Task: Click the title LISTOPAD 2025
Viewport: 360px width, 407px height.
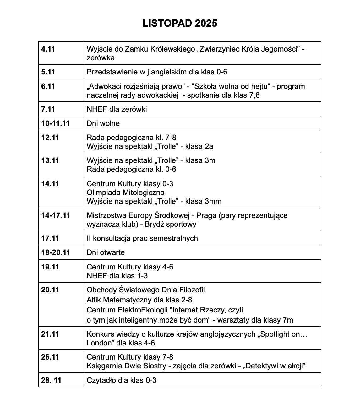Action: (x=180, y=24)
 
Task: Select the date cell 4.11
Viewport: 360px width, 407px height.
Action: (x=48, y=49)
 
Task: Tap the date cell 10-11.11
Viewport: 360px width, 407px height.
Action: (x=55, y=123)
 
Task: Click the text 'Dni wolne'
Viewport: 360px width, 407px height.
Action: (x=103, y=123)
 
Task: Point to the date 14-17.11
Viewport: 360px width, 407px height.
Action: (x=56, y=215)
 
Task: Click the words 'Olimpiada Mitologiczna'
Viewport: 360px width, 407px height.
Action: (x=125, y=192)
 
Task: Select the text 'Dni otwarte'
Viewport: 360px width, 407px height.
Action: (x=106, y=252)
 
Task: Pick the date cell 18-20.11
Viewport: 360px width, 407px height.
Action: (x=56, y=252)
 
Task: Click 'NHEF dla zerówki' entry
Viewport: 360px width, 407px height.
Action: (x=117, y=109)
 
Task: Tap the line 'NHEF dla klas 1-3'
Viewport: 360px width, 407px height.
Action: (x=117, y=276)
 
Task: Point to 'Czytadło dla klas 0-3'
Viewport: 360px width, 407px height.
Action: (x=121, y=380)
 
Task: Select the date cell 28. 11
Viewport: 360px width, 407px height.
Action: (x=51, y=380)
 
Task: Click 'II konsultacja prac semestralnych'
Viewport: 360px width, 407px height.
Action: (x=142, y=238)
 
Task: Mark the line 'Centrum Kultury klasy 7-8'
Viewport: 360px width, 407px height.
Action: (x=130, y=357)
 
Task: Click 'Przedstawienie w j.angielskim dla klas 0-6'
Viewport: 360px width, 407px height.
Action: (x=157, y=72)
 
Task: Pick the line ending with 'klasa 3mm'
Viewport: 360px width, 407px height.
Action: (x=154, y=201)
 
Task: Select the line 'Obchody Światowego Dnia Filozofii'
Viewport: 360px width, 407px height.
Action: (x=145, y=290)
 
